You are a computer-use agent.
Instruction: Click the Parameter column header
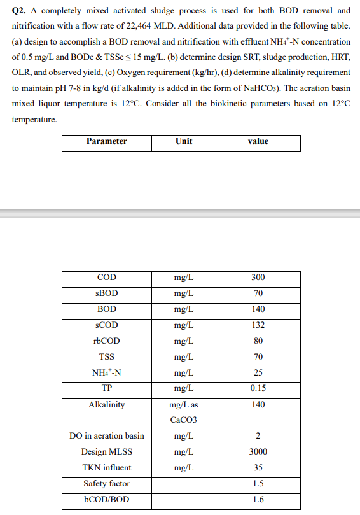[106, 141]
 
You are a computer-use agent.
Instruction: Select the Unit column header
[183, 141]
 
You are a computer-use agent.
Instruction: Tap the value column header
[258, 141]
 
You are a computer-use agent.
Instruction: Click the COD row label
[106, 278]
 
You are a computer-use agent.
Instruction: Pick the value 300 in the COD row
[258, 278]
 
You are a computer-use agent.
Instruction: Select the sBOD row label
[106, 293]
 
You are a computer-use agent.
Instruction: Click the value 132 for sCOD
[258, 325]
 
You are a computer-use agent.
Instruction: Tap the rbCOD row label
[106, 341]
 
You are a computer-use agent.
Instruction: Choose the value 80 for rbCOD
[258, 341]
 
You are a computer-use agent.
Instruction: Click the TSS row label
[106, 357]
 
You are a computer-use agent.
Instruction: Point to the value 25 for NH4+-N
[258, 373]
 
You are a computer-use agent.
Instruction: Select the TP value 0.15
[258, 388]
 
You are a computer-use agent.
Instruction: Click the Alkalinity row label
[106, 405]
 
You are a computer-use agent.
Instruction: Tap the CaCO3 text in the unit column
[184, 420]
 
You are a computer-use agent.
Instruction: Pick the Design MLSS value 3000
[258, 452]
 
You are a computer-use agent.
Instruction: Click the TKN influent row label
[106, 468]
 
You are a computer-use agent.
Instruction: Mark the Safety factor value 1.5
[258, 484]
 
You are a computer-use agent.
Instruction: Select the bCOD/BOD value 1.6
[258, 500]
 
